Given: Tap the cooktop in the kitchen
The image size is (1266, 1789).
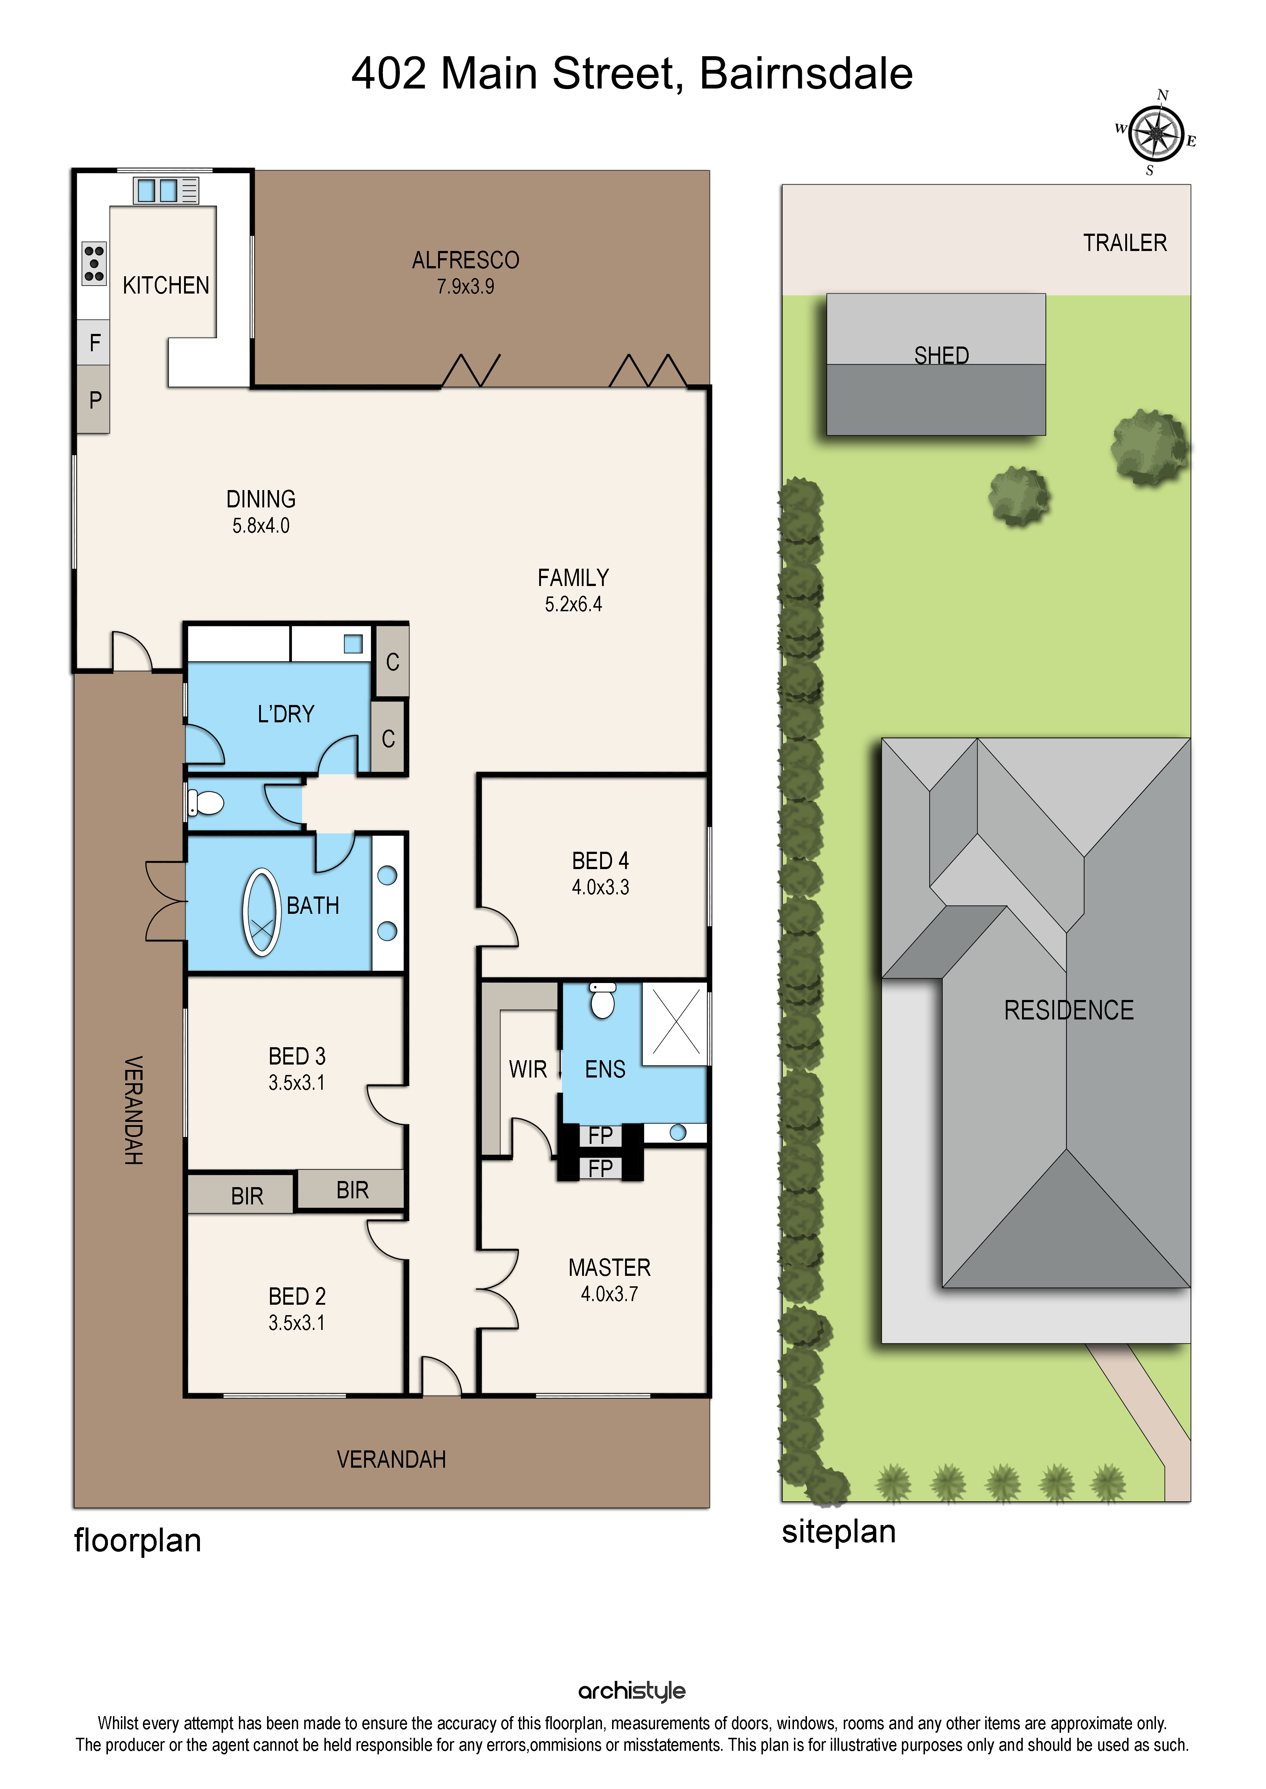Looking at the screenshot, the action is (x=94, y=263).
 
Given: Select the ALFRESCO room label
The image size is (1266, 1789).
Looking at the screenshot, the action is (x=466, y=260).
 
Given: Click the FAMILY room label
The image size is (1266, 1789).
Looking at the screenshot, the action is (x=573, y=578).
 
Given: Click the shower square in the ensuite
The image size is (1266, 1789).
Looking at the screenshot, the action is (x=675, y=1024).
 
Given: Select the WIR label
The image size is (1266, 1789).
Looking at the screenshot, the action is (x=528, y=1070).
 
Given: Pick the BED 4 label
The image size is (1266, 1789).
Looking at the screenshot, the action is (x=600, y=861).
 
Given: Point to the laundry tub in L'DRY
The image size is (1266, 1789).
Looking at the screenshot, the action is (x=353, y=644).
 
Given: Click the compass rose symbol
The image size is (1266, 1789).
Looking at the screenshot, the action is (x=1156, y=133).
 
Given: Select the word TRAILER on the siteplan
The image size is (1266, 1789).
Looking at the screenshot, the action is (x=1125, y=243).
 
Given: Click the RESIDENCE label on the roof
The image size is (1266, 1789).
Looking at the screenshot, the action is (x=1069, y=1010).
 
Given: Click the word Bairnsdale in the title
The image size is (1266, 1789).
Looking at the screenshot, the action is (x=806, y=74).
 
